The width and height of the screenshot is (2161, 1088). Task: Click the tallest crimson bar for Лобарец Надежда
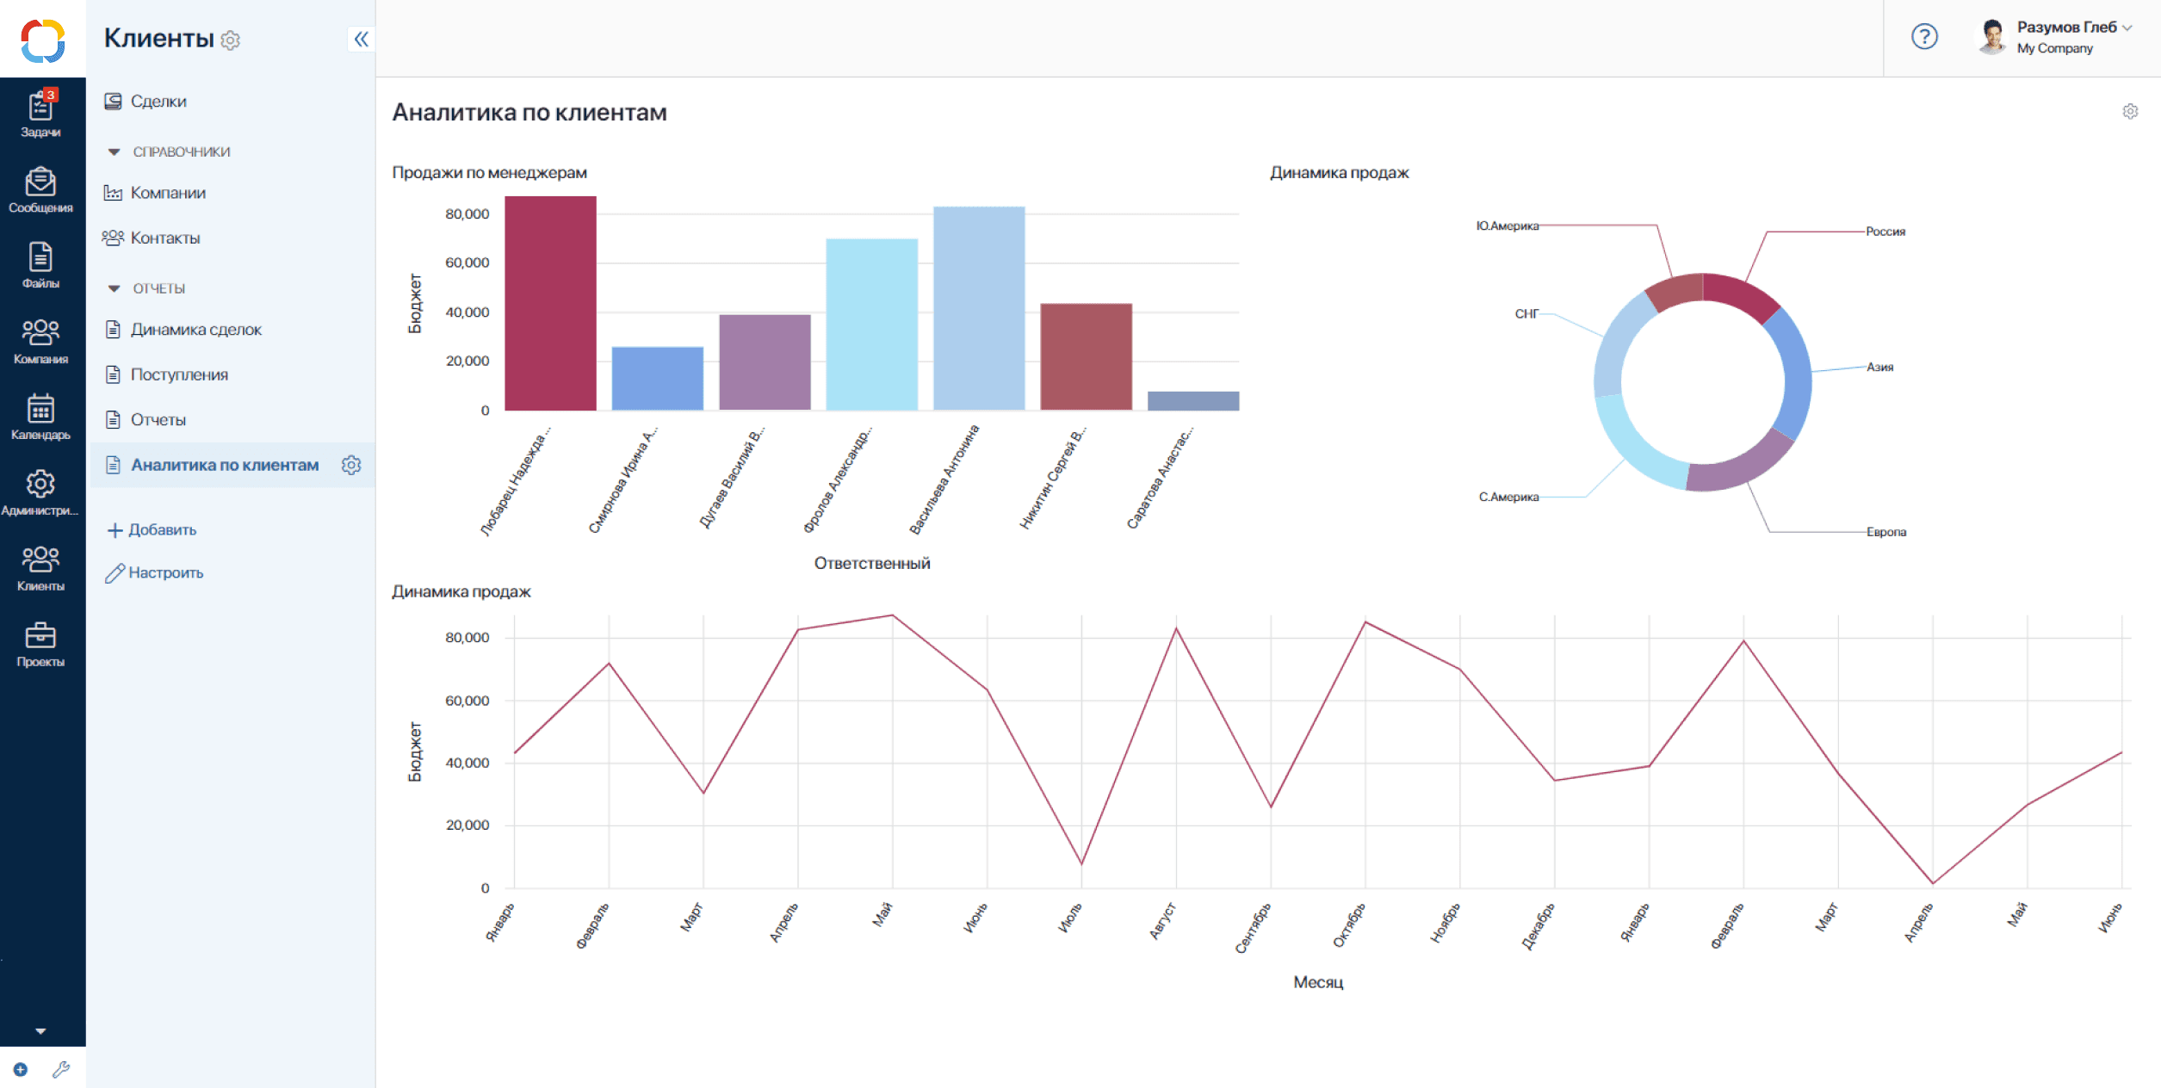point(550,303)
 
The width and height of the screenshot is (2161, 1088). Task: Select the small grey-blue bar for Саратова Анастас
point(1192,401)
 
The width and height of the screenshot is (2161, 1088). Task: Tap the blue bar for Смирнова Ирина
point(657,379)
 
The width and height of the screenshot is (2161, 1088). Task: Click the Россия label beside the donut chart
point(1885,232)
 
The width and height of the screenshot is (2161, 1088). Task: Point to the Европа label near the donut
point(1885,532)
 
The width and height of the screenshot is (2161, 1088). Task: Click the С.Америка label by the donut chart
point(1508,497)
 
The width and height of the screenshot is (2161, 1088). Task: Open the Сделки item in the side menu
point(158,102)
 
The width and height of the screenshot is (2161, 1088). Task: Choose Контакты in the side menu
point(164,238)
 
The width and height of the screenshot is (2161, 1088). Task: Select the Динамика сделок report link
point(195,330)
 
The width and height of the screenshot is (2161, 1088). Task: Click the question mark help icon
point(1924,37)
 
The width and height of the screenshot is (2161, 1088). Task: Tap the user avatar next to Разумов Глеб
point(1991,37)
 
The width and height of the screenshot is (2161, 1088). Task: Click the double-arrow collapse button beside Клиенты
point(361,39)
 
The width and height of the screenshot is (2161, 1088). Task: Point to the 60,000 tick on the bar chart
point(467,263)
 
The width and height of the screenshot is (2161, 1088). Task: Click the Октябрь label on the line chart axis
point(1348,926)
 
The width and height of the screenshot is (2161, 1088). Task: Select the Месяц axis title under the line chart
point(1317,982)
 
